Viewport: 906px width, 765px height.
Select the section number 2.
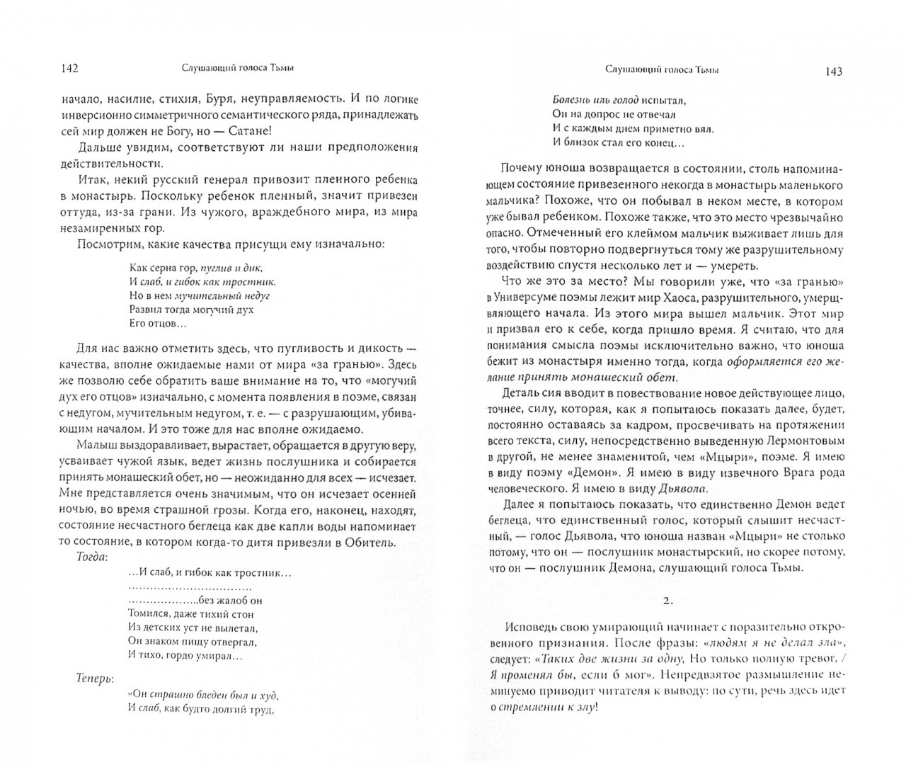click(664, 601)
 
